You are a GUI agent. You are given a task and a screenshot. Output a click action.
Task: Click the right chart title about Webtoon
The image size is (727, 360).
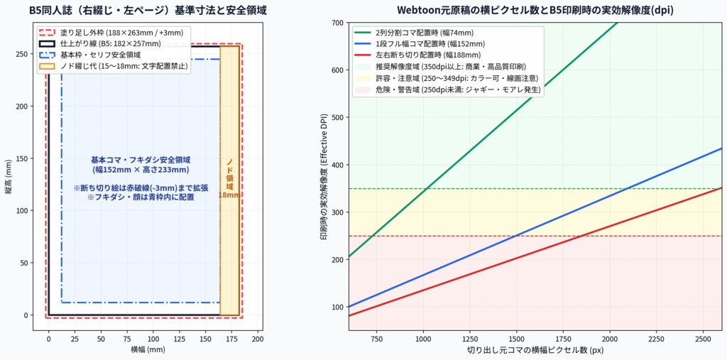tap(535, 10)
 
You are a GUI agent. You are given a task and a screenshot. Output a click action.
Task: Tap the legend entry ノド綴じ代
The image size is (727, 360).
tap(114, 66)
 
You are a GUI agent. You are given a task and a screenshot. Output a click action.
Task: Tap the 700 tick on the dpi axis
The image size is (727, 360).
tap(339, 23)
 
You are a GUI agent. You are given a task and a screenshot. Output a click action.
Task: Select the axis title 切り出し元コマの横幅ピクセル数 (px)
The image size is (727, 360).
tap(535, 349)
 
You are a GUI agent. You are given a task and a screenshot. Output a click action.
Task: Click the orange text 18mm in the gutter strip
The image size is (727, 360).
tap(229, 195)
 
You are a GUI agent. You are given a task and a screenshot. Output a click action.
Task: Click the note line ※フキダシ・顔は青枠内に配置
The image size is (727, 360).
tap(141, 197)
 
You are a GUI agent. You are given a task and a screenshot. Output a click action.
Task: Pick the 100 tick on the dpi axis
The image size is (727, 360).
tap(339, 307)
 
